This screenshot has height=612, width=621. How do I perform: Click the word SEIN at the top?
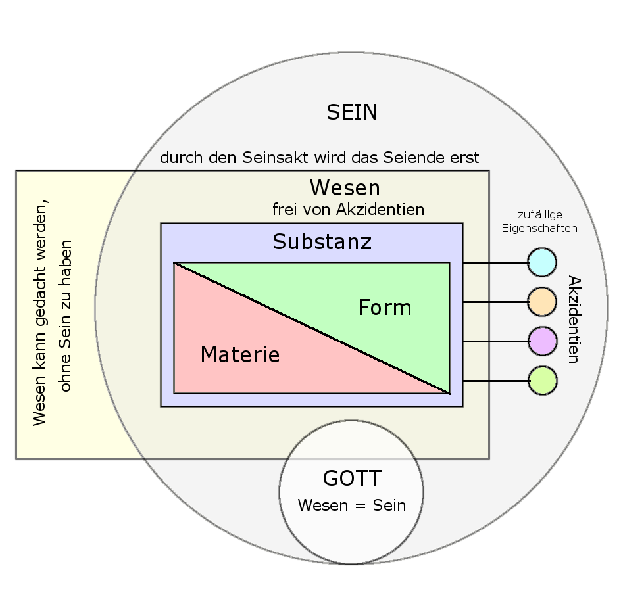click(x=352, y=112)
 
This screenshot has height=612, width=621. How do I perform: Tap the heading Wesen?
click(x=345, y=188)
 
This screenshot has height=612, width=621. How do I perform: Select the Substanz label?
click(x=322, y=242)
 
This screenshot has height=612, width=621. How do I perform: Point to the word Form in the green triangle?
click(x=384, y=308)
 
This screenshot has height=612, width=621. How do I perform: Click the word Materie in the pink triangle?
click(x=240, y=355)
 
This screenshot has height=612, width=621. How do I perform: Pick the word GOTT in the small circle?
click(x=352, y=478)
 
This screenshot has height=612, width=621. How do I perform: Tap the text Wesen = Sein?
click(x=352, y=506)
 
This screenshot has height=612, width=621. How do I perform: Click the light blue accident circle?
click(x=542, y=262)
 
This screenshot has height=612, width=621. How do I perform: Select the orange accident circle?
click(x=542, y=302)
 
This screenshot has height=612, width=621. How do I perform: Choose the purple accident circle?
click(x=542, y=341)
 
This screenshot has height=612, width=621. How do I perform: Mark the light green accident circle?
click(x=542, y=381)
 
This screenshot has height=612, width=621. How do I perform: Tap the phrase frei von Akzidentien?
click(x=348, y=210)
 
